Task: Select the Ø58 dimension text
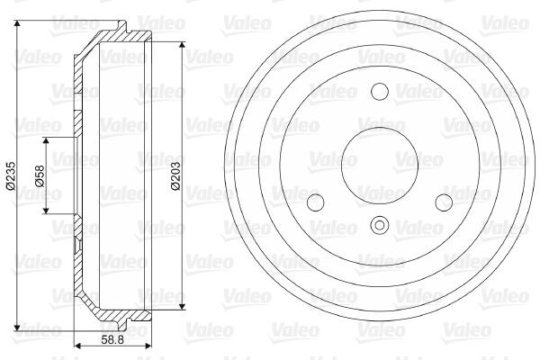pyautogui.click(x=38, y=175)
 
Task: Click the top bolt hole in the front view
pyautogui.click(x=378, y=91)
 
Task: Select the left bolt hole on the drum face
pyautogui.click(x=315, y=202)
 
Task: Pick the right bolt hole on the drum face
pyautogui.click(x=443, y=202)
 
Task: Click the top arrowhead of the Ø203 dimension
pyautogui.click(x=184, y=46)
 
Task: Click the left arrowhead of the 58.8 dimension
pyautogui.click(x=76, y=346)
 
